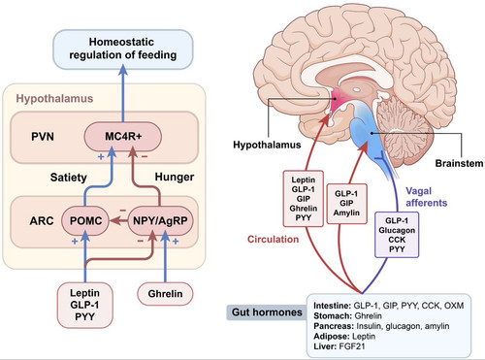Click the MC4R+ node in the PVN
tap(123, 137)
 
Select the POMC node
tap(85, 221)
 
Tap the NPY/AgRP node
tap(160, 221)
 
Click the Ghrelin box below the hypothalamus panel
tap(165, 294)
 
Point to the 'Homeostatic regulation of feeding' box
tap(122, 49)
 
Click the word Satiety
tap(69, 178)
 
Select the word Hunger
tap(175, 177)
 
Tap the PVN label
tap(43, 137)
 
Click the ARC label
tap(42, 221)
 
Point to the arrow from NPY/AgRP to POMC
tap(118, 221)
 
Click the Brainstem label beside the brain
tap(459, 163)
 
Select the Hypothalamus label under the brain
tap(267, 145)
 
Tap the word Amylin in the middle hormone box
tap(346, 213)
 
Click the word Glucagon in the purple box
tap(397, 230)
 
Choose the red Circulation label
tap(273, 240)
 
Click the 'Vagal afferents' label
tap(427, 197)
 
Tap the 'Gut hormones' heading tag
tap(267, 312)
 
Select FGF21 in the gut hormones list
tap(352, 346)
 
